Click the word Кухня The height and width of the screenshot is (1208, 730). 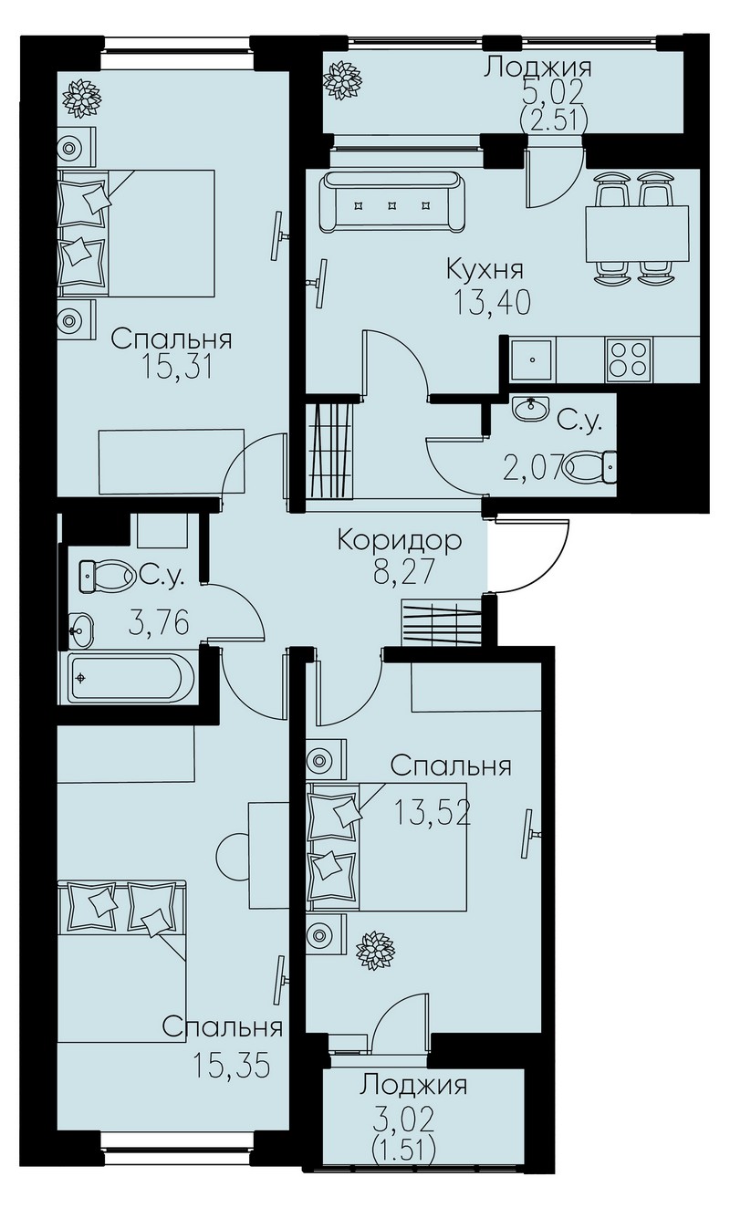pyautogui.click(x=485, y=270)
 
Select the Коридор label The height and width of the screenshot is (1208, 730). pyautogui.click(x=400, y=541)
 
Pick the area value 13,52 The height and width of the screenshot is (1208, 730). pyautogui.click(x=433, y=813)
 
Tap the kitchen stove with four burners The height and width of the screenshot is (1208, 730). pyautogui.click(x=628, y=358)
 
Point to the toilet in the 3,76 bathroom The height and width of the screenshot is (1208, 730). pyautogui.click(x=107, y=577)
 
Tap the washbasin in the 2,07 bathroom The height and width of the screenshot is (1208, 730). pyautogui.click(x=531, y=409)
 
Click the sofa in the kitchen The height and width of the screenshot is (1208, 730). pyautogui.click(x=391, y=203)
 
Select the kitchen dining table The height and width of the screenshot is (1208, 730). pyautogui.click(x=638, y=234)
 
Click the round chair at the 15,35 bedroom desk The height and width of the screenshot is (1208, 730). pyautogui.click(x=232, y=855)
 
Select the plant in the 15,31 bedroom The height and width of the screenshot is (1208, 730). pyautogui.click(x=82, y=99)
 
